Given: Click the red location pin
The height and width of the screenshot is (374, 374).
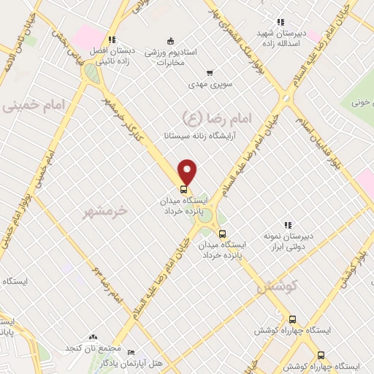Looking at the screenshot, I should (188, 172).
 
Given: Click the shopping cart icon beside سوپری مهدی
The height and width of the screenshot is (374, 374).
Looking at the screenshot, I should (210, 73).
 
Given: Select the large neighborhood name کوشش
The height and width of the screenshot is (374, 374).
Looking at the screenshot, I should (274, 287).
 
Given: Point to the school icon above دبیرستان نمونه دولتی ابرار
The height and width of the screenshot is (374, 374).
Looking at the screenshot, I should (288, 224).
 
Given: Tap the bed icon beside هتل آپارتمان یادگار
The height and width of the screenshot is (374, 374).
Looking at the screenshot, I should (131, 351).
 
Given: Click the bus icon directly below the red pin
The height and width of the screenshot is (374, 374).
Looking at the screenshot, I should (183, 186).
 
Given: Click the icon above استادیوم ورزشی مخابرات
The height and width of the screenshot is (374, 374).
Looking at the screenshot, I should (170, 40).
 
